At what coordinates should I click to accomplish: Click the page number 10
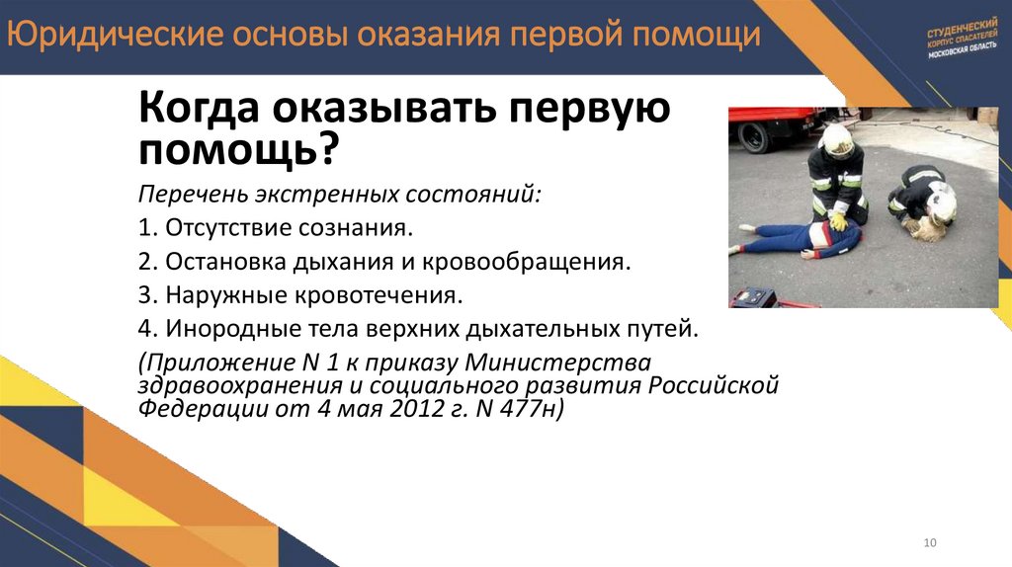(929, 542)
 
